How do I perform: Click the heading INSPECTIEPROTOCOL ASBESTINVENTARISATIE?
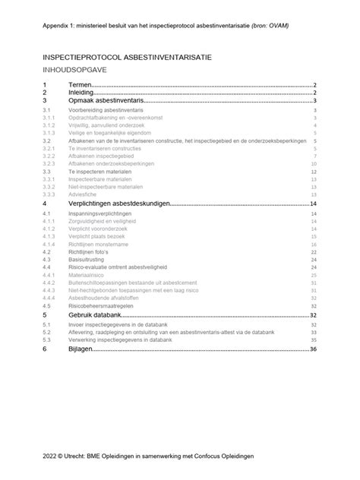click(x=127, y=57)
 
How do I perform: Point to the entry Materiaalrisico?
click(x=85, y=275)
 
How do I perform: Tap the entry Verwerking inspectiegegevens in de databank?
click(x=130, y=339)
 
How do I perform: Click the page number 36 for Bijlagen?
click(x=312, y=350)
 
